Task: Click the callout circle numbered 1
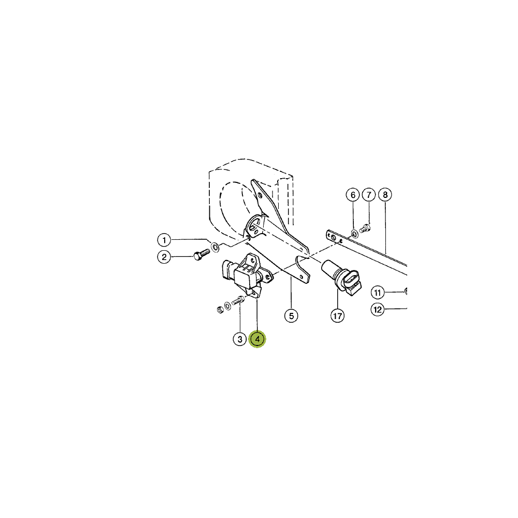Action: (x=164, y=240)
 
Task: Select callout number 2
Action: (x=164, y=257)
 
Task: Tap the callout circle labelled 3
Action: (x=240, y=339)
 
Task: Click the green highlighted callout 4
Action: (x=257, y=339)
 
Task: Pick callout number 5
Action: (x=291, y=316)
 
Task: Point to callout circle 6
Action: (x=353, y=195)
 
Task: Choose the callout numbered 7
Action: (x=369, y=195)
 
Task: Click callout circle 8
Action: (x=385, y=195)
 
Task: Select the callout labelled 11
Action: (x=378, y=292)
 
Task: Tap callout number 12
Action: (x=378, y=310)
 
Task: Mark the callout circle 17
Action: (x=337, y=316)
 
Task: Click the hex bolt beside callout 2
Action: (x=201, y=254)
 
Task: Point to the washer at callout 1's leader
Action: (x=215, y=247)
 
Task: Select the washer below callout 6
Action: (x=354, y=234)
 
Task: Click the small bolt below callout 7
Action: (x=365, y=228)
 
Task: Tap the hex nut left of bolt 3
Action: (x=220, y=310)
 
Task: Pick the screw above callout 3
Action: (x=238, y=300)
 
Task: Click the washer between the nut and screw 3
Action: (x=227, y=306)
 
